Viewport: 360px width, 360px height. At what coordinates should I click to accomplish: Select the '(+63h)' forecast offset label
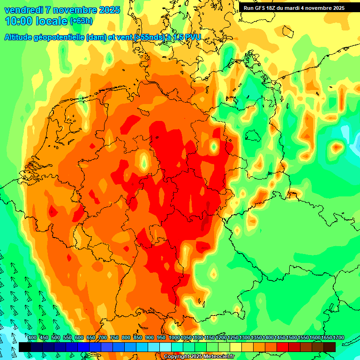(82, 21)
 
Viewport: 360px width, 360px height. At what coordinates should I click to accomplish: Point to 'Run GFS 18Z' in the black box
(260, 8)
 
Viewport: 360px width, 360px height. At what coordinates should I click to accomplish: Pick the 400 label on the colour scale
(32, 338)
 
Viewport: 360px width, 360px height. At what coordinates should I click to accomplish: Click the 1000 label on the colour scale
(174, 338)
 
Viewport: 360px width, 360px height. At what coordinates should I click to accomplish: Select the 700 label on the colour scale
(102, 338)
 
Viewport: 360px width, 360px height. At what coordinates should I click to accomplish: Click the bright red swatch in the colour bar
(283, 347)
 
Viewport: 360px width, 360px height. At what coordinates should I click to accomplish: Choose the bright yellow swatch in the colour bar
(236, 347)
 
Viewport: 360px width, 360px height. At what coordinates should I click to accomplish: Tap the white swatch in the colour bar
(165, 347)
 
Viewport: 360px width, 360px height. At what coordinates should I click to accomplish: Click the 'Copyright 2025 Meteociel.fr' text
(199, 357)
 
